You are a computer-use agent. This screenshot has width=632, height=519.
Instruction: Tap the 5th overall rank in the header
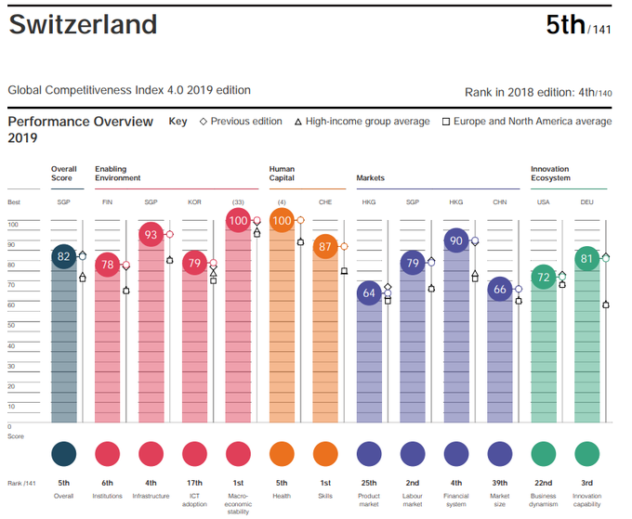pyautogui.click(x=567, y=25)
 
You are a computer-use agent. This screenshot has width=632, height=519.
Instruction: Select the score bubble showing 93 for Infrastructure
pyautogui.click(x=151, y=235)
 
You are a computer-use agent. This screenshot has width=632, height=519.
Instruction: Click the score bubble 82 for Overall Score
pyautogui.click(x=64, y=257)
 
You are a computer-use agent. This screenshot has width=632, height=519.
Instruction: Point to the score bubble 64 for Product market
pyautogui.click(x=369, y=293)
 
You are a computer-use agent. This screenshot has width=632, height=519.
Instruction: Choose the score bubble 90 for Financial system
pyautogui.click(x=456, y=240)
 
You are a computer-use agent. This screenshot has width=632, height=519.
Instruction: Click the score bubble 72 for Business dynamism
pyautogui.click(x=544, y=278)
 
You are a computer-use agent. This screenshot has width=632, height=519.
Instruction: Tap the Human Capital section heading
pyautogui.click(x=282, y=174)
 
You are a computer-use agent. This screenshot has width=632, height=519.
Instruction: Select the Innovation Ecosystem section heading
pyautogui.click(x=550, y=174)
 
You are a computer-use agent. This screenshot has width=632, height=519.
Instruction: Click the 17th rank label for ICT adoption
pyautogui.click(x=194, y=483)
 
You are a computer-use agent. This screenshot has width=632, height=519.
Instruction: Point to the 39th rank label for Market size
pyautogui.click(x=500, y=483)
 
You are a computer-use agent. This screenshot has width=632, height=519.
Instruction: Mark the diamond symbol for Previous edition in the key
pyautogui.click(x=203, y=122)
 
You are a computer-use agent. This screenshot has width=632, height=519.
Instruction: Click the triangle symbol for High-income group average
pyautogui.click(x=298, y=122)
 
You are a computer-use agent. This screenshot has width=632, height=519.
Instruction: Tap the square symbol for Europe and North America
pyautogui.click(x=446, y=122)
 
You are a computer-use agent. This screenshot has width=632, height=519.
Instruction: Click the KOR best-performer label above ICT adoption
pyautogui.click(x=194, y=201)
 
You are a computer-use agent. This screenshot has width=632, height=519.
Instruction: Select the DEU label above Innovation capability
pyautogui.click(x=587, y=201)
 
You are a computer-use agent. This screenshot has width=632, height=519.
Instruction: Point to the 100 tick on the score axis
pyautogui.click(x=14, y=225)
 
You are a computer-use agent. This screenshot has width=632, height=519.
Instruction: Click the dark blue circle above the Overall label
pyautogui.click(x=64, y=453)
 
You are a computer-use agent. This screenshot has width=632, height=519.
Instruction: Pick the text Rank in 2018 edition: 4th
pyautogui.click(x=526, y=92)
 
